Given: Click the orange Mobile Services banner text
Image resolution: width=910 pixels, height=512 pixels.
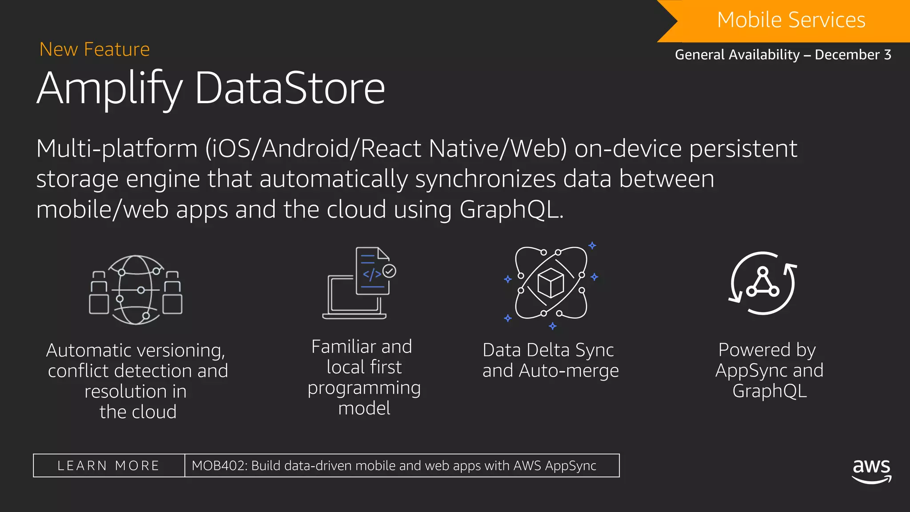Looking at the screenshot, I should tap(791, 20).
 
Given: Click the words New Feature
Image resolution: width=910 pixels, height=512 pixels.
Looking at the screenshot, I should tap(95, 49).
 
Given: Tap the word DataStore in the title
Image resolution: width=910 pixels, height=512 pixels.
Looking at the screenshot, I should tap(290, 88).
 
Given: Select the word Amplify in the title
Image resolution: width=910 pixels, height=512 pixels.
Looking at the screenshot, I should tap(109, 88).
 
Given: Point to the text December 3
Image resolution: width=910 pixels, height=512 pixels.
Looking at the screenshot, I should tap(853, 55).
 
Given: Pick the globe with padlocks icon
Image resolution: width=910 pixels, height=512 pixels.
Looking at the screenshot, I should tap(136, 290).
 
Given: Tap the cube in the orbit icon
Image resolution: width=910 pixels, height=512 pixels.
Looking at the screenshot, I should tap(551, 283).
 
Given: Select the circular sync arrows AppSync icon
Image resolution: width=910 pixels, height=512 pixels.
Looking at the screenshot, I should tap(762, 283).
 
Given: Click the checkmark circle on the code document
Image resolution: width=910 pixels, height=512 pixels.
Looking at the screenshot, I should tap(389, 271).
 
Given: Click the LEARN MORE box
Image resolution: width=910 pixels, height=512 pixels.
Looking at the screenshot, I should tap(109, 465).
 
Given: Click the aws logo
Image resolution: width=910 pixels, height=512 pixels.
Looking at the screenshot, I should tap(871, 470).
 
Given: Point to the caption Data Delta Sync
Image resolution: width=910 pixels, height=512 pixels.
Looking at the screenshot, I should tap(548, 350).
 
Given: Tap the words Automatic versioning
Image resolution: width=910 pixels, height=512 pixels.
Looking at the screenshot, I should tap(136, 351).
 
